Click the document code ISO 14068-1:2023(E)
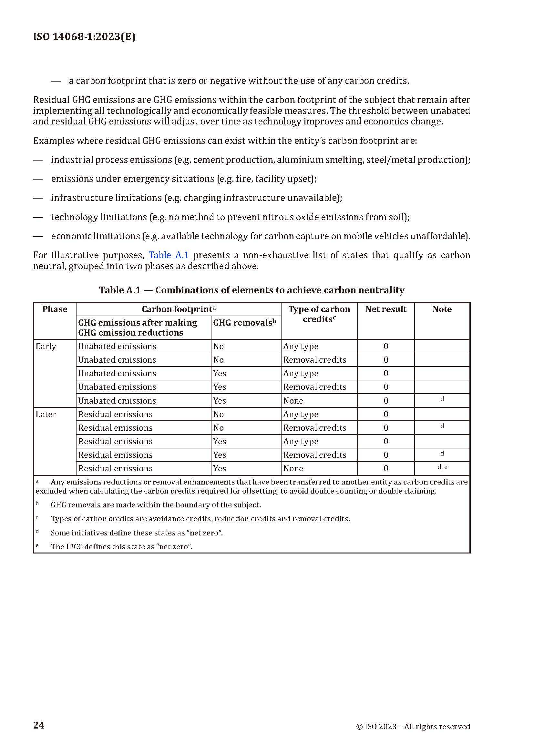pos(84,37)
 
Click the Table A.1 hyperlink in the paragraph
pos(168,255)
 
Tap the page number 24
pos(38,725)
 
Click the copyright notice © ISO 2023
pos(413,726)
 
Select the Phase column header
pos(55,309)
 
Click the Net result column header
pos(386,309)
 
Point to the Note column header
pos(442,309)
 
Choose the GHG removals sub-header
pos(244,323)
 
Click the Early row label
pos(46,347)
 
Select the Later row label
pos(46,415)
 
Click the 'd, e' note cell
pos(442,467)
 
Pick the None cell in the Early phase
pos(293,401)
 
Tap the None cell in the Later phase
pos(293,469)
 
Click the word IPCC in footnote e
pos(74,547)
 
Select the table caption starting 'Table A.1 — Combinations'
pos(252,290)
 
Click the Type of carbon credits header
pos(319,314)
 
